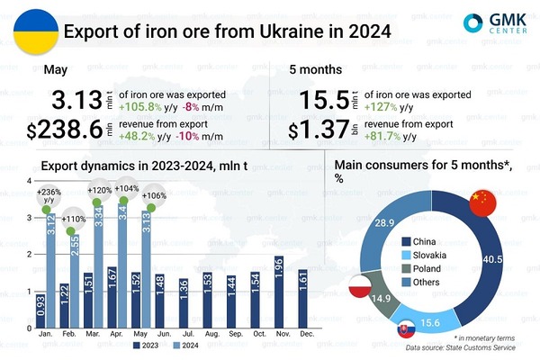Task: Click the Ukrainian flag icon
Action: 31,31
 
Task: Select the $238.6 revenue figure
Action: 67,130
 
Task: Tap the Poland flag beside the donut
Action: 359,288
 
